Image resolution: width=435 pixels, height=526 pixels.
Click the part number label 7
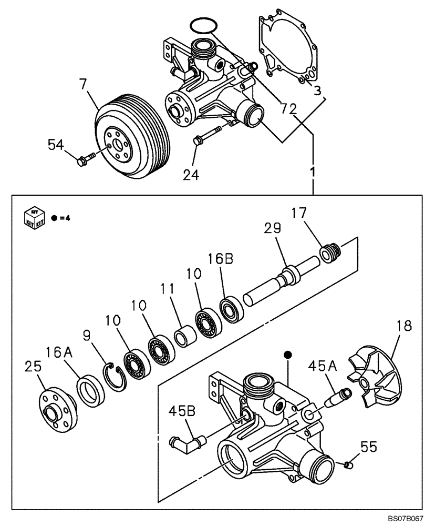82,84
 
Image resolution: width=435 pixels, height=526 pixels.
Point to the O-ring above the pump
202,25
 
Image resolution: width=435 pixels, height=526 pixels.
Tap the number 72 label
288,109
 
